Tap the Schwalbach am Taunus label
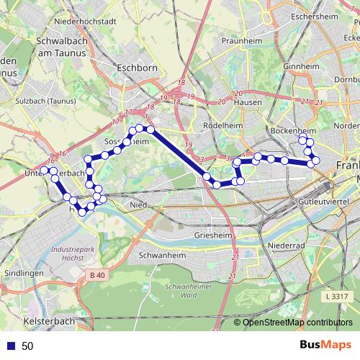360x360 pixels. (x=56, y=48)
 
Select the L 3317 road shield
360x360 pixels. (x=336, y=297)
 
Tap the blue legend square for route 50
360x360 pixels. (x=12, y=346)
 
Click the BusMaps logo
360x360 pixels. (x=325, y=346)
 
